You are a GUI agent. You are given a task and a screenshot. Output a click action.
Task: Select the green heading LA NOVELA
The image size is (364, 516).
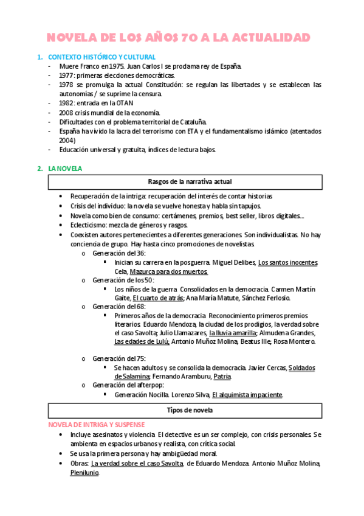click(65, 168)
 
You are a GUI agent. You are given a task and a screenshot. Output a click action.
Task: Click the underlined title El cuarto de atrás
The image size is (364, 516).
click(158, 298)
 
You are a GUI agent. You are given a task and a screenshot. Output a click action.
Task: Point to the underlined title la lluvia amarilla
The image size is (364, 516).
click(232, 333)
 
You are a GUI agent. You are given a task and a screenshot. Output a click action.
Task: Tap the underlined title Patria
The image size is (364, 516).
click(222, 377)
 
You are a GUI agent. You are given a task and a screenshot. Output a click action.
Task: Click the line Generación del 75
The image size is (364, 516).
click(119, 359)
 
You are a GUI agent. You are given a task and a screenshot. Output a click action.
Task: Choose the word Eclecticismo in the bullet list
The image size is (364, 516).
click(89, 225)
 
